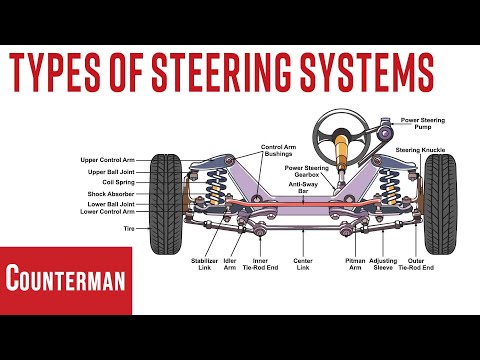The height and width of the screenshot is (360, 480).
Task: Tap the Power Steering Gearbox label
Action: point(301,170)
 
